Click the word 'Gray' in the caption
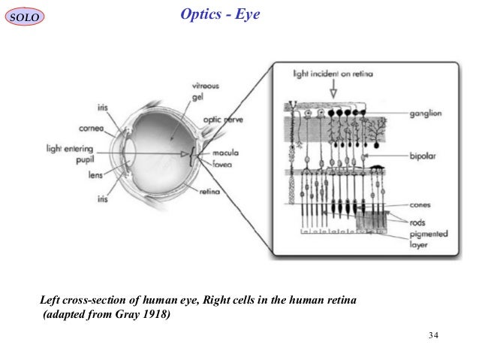[128, 314]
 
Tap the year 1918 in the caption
[155, 314]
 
